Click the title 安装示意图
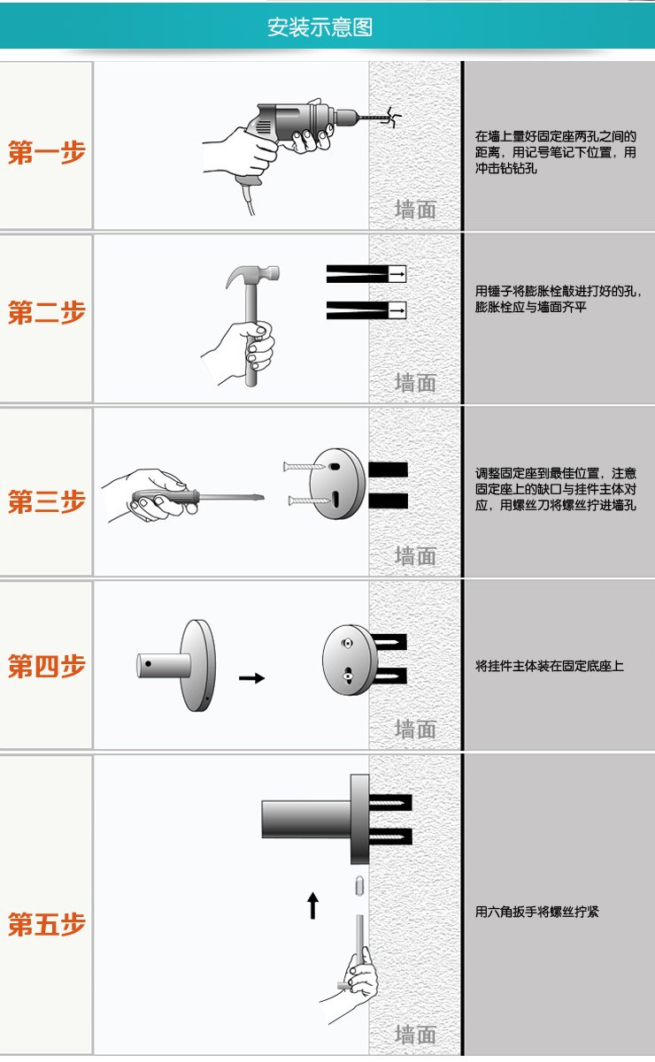pos(320,27)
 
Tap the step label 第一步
pos(47,152)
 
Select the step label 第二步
pos(47,312)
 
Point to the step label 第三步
pos(47,501)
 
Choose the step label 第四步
pos(47,666)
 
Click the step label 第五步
pos(47,924)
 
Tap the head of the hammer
pos(252,275)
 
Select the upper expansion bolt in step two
pos(366,274)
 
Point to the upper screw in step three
pos(304,467)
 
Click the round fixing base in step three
pos(338,483)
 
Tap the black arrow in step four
pos(251,678)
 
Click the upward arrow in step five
pos(312,905)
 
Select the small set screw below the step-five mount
pos(359,886)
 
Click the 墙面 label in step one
pos(415,210)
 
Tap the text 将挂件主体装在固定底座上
pos(549,666)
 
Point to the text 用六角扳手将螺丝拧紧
pos(536,912)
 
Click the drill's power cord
pos(249,199)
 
